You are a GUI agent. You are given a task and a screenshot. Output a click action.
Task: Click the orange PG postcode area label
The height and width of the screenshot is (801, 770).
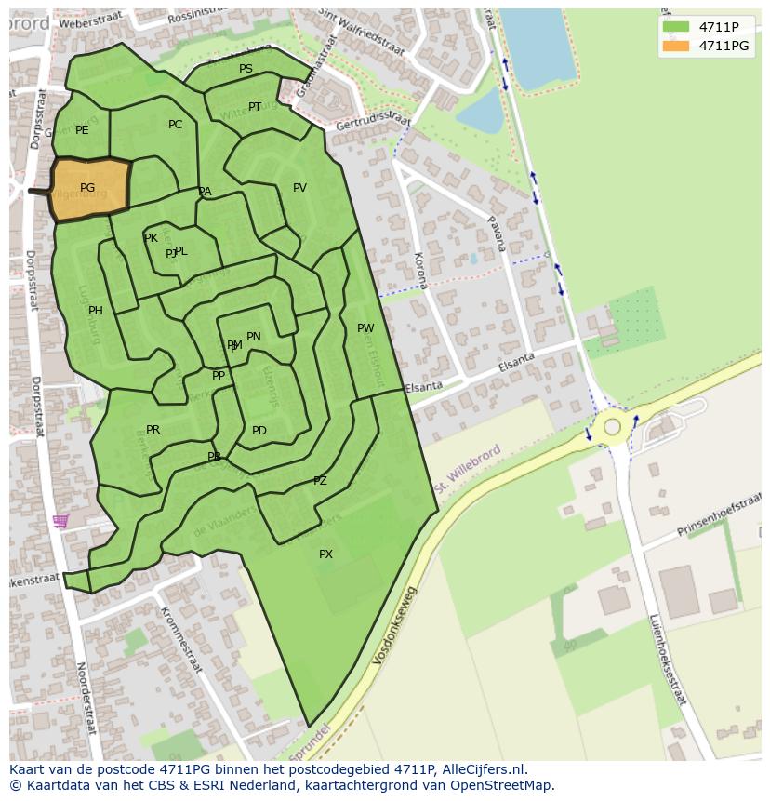[87, 188]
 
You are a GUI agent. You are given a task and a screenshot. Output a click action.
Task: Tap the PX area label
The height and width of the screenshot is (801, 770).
[325, 554]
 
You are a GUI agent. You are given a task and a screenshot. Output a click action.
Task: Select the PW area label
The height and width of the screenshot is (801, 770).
[365, 328]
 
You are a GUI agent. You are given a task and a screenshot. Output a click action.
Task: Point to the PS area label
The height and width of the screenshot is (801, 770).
[246, 69]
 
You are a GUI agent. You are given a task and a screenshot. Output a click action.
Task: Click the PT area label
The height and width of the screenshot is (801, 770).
[255, 107]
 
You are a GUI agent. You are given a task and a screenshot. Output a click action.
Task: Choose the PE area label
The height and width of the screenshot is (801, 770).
[82, 130]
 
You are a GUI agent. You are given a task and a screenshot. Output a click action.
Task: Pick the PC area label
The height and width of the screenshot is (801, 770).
[176, 125]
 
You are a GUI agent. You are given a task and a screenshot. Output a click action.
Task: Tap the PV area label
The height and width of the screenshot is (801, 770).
[299, 188]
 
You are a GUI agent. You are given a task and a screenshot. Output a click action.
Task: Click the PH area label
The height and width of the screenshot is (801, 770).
[96, 311]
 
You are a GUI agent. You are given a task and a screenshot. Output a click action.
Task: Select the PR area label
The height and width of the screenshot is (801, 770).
[153, 430]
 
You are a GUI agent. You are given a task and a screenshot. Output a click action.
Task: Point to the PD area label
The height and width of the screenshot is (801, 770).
[259, 431]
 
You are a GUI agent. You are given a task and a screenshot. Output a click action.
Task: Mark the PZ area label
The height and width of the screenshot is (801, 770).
[320, 481]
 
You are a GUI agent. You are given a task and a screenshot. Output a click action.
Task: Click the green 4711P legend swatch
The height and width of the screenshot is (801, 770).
[676, 27]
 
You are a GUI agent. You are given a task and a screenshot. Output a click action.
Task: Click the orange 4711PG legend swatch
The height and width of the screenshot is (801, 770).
[676, 45]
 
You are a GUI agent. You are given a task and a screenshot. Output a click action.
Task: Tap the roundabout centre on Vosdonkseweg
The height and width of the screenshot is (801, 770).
[612, 427]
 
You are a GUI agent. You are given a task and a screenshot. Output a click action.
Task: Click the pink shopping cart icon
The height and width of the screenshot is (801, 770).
[60, 521]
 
